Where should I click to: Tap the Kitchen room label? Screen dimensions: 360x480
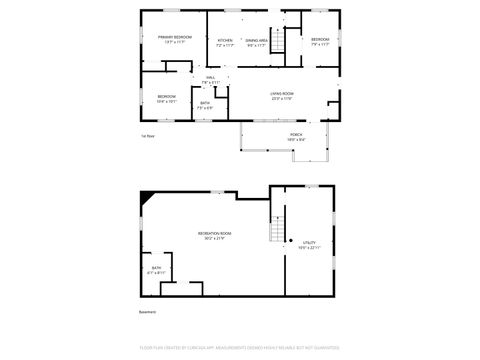pyautogui.click(x=225, y=41)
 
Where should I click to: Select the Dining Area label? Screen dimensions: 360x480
pyautogui.click(x=256, y=41)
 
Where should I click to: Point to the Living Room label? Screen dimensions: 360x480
pyautogui.click(x=281, y=95)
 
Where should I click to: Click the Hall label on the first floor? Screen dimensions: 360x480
pyautogui.click(x=210, y=79)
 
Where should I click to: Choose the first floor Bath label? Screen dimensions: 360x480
pyautogui.click(x=205, y=104)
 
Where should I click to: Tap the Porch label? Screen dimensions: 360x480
pyautogui.click(x=296, y=135)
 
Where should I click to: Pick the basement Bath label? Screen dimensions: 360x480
pyautogui.click(x=156, y=269)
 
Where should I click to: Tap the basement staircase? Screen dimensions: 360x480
pyautogui.click(x=279, y=229)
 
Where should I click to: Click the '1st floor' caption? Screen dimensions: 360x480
pyautogui.click(x=148, y=135)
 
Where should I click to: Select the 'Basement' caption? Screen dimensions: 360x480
pyautogui.click(x=148, y=311)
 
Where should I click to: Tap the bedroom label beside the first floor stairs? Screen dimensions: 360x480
pyautogui.click(x=320, y=41)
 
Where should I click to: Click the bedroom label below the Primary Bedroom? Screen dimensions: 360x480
pyautogui.click(x=167, y=98)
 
